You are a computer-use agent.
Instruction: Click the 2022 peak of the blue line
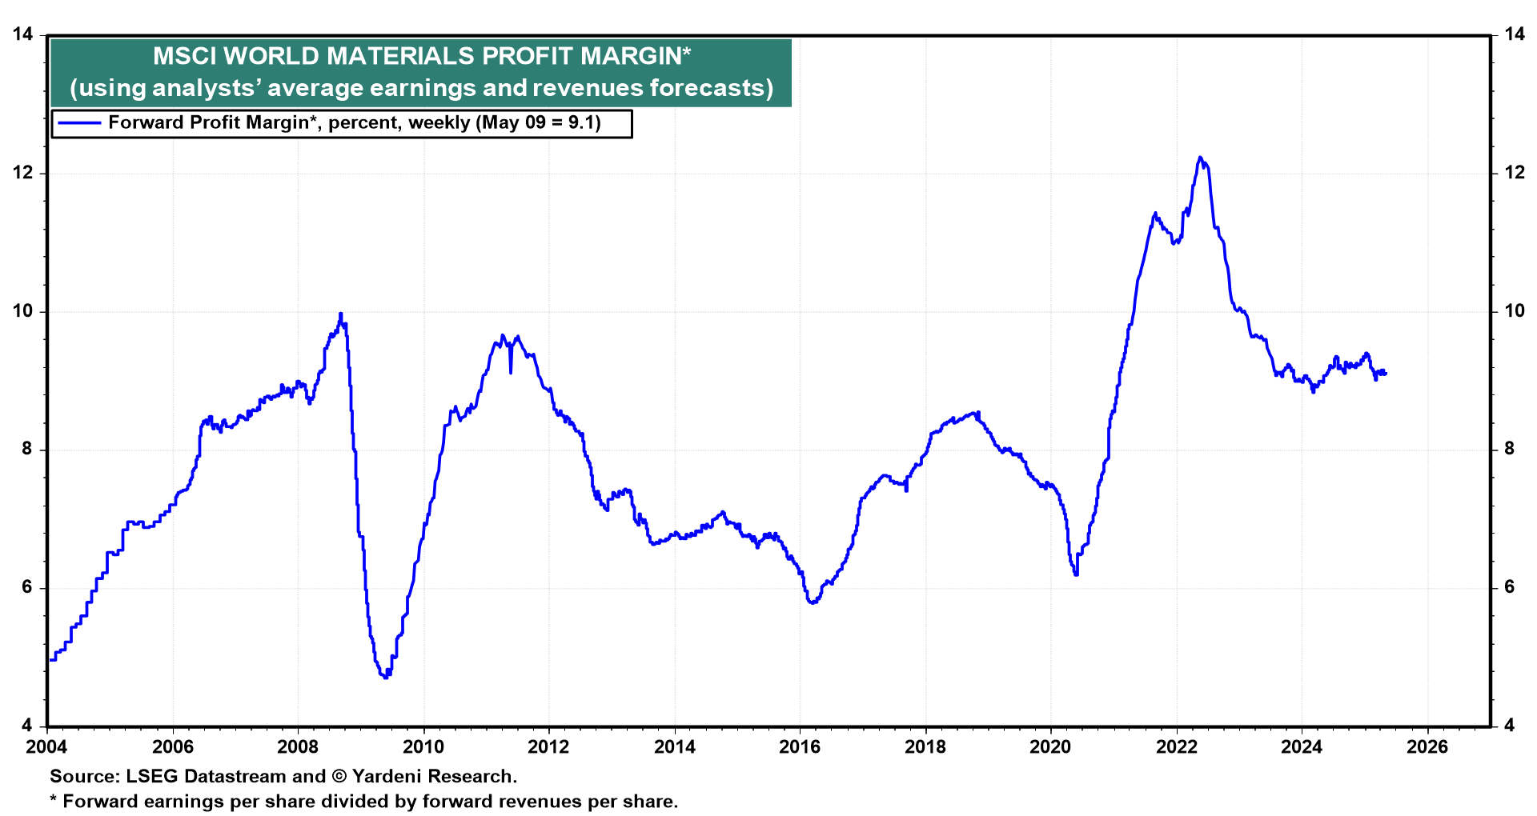(x=1199, y=158)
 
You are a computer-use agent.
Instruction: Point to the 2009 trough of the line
(x=386, y=677)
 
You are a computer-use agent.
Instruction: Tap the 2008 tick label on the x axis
(x=298, y=747)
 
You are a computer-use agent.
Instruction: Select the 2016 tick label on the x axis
(x=800, y=747)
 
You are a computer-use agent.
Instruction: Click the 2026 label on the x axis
(x=1427, y=747)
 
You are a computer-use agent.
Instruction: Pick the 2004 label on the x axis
(x=47, y=747)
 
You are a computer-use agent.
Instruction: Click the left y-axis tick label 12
(x=22, y=173)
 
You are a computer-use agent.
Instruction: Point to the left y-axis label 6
(x=27, y=587)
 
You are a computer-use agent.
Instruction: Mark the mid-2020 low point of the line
(x=1075, y=574)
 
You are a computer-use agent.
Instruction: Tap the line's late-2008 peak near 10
(x=341, y=314)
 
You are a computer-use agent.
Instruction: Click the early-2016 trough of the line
(x=813, y=602)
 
